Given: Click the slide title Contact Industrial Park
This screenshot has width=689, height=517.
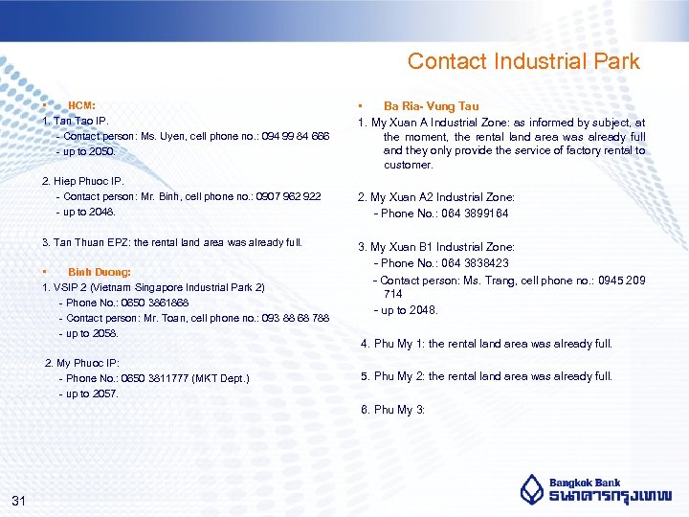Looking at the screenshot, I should pos(523,61).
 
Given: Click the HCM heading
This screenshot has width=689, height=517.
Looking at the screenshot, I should pos(81,104).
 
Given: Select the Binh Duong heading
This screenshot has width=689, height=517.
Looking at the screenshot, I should pos(100,272).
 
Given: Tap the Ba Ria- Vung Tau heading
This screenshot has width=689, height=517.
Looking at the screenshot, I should pos(431,106).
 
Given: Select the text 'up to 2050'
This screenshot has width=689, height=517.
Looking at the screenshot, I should pos(88,151).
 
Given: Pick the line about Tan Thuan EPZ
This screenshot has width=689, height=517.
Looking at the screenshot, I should pos(172,242).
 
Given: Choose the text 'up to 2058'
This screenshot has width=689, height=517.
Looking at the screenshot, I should pos(92,332).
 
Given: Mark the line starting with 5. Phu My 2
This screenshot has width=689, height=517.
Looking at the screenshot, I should pos(486,376).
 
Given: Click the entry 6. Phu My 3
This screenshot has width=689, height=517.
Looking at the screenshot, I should pos(392,410).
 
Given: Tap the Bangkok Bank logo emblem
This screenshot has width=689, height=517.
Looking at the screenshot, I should pos(532,489).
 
